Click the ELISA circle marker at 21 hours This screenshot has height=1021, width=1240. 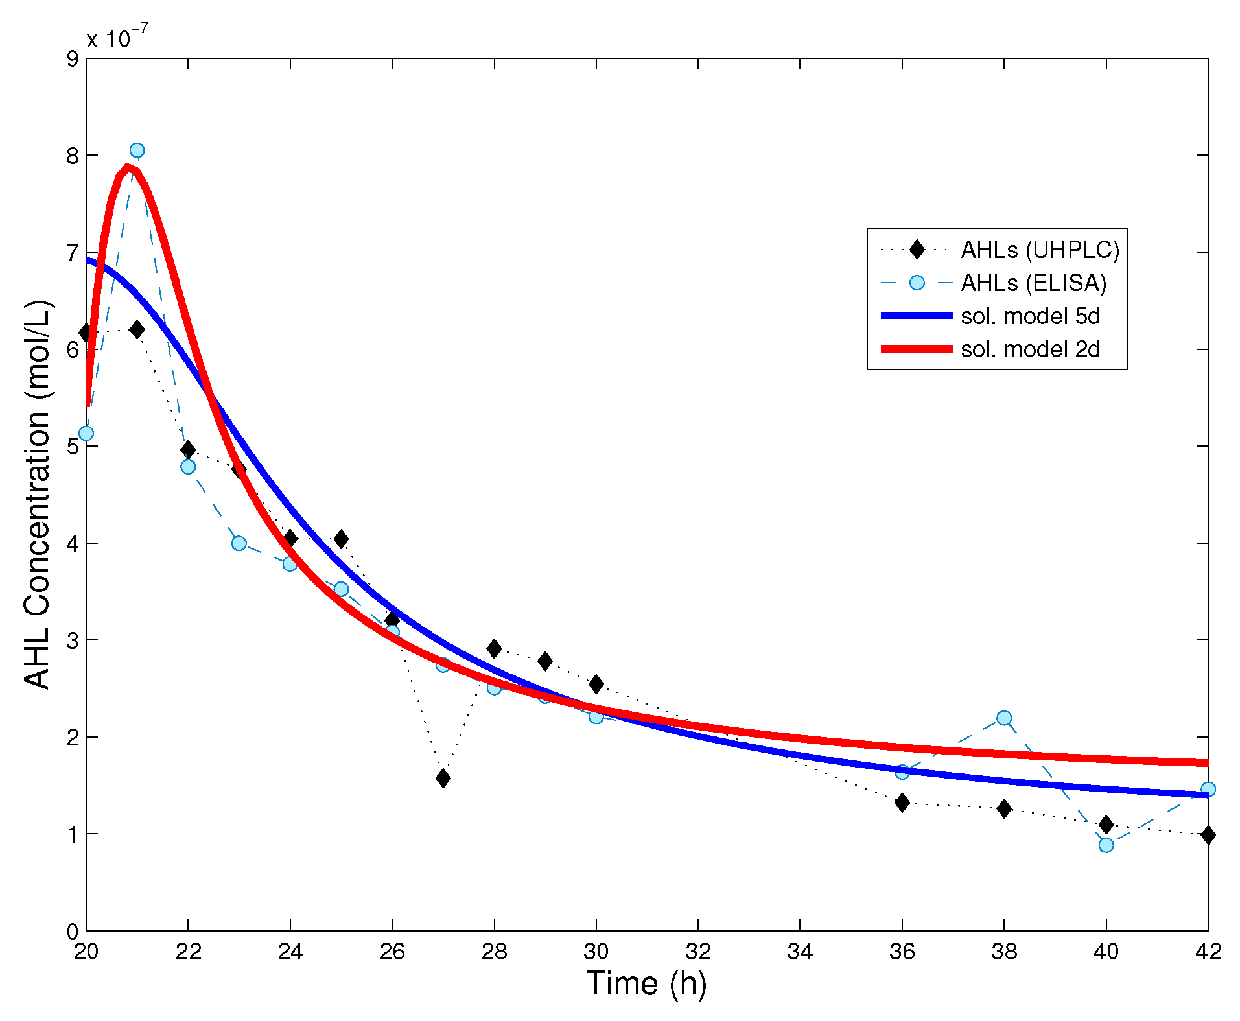137,150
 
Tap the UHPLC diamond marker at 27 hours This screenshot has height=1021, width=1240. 443,778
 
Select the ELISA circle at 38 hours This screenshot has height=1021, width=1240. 1004,718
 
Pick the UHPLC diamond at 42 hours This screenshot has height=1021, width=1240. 1208,835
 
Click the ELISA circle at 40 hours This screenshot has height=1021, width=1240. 1106,845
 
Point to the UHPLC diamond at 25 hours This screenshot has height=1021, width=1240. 341,539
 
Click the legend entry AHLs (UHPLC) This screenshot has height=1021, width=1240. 1040,250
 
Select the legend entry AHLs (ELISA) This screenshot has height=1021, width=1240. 1033,283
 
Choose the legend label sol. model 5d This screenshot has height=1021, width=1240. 1030,316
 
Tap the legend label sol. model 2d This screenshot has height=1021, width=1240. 1030,349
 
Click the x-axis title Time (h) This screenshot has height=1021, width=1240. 646,983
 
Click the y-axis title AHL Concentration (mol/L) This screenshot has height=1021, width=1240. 37,494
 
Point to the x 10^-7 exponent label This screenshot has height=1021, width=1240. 117,37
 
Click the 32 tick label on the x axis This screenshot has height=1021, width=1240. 698,952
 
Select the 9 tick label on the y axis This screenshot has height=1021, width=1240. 73,59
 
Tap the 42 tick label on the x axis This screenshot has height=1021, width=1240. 1208,952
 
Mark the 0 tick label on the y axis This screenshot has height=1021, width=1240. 73,932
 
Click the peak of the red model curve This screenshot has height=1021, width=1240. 128,167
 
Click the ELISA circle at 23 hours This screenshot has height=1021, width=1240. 239,543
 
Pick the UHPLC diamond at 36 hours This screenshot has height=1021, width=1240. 902,803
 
